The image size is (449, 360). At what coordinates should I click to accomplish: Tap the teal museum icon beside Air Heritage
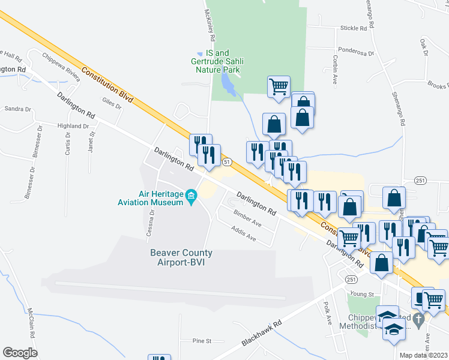(x=191, y=195)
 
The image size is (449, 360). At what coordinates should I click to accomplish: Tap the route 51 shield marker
(x=226, y=162)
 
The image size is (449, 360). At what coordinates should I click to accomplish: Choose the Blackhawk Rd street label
(x=262, y=334)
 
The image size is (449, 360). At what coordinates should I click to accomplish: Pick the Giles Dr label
(x=112, y=104)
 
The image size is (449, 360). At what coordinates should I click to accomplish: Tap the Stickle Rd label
(x=353, y=28)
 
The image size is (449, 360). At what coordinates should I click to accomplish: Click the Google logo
(x=20, y=353)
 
